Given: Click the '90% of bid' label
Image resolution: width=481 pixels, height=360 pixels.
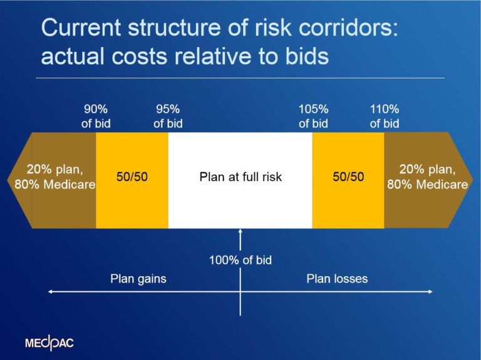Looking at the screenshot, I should (96, 116).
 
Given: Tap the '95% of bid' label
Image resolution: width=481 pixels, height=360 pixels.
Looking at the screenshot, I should (168, 116).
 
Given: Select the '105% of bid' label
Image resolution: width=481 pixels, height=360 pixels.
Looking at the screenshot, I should (313, 116).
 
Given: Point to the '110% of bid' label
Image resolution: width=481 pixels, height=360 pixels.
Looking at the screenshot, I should (384, 116).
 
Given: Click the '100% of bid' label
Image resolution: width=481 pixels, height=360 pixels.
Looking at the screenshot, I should (240, 260).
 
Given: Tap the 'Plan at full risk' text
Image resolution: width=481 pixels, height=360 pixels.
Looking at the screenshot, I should (240, 177).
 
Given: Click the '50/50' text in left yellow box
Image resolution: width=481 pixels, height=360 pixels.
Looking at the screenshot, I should (132, 177).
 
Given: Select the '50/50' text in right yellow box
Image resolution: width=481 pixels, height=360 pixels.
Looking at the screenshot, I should (348, 177).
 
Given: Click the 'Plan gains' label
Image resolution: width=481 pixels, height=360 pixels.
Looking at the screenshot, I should (138, 279).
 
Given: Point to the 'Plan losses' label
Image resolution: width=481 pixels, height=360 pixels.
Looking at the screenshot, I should (337, 279).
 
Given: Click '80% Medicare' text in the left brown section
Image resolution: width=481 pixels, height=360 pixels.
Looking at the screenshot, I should (55, 185).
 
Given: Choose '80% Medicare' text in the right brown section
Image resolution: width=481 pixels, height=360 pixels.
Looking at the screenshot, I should (428, 185).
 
